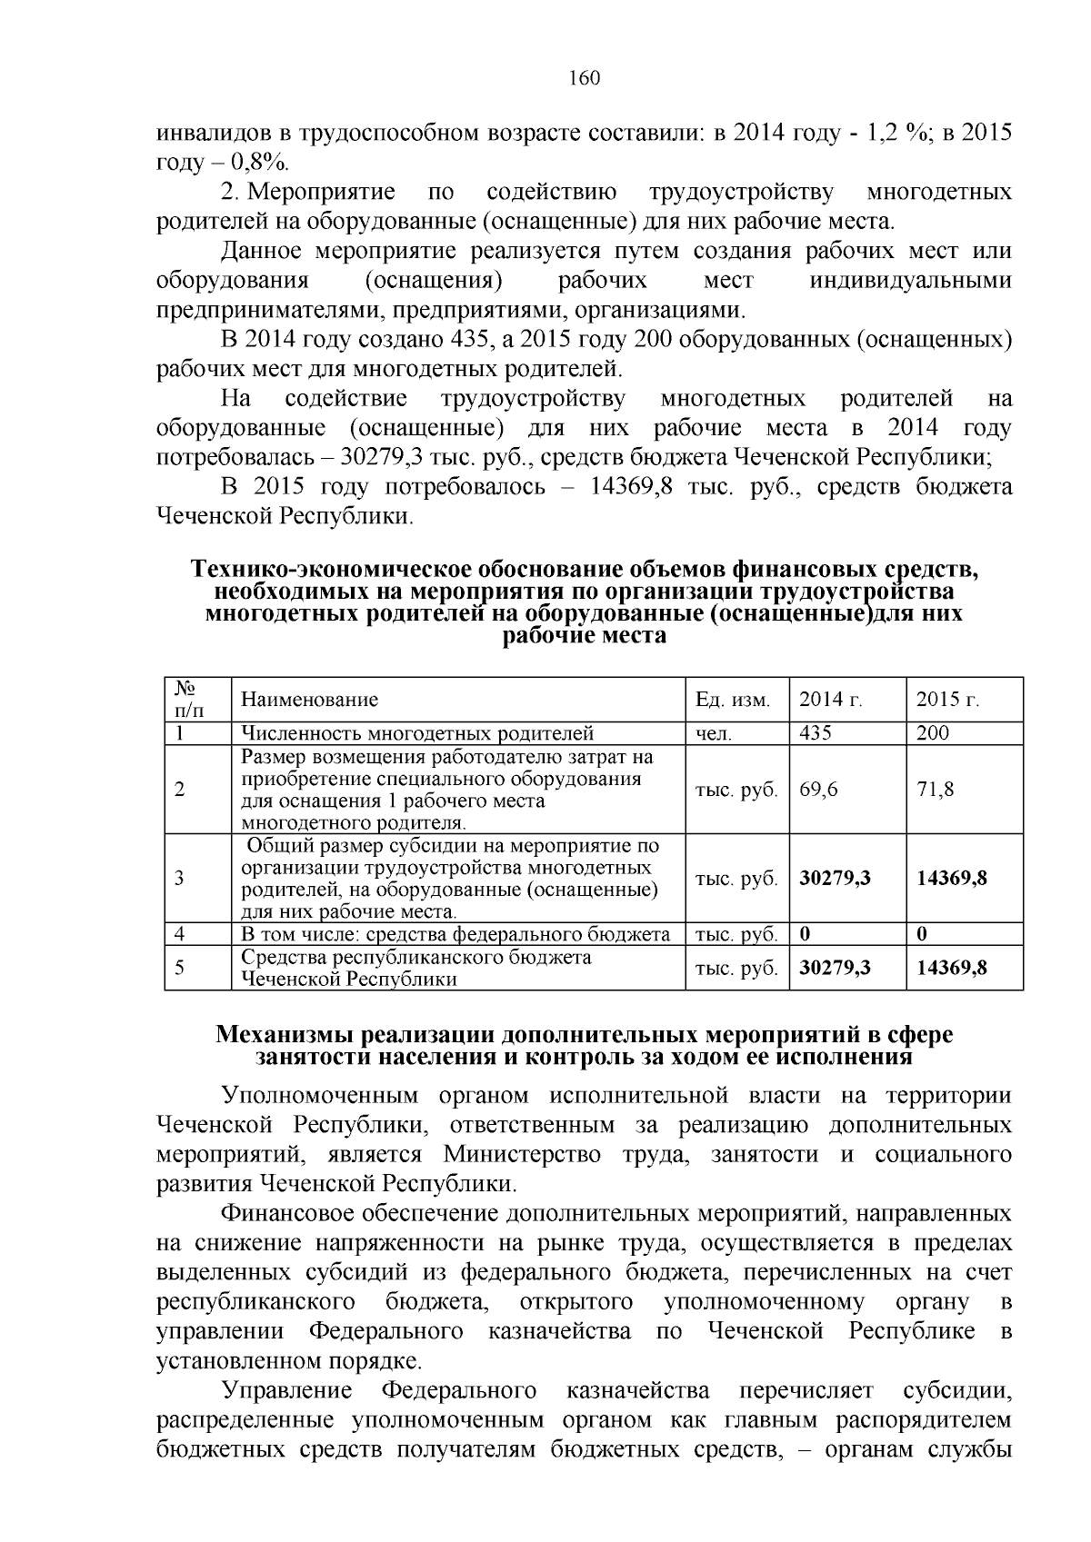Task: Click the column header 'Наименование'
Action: tap(309, 700)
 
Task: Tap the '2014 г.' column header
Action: tap(831, 700)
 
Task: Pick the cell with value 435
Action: tap(816, 733)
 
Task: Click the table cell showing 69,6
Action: tap(819, 790)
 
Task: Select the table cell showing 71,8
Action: tap(936, 790)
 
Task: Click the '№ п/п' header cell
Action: tap(188, 699)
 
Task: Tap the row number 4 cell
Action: tap(180, 934)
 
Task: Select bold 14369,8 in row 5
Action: tap(952, 968)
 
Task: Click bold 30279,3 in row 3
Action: tap(836, 878)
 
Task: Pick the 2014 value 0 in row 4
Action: tap(806, 934)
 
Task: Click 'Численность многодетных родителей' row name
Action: tap(417, 733)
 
